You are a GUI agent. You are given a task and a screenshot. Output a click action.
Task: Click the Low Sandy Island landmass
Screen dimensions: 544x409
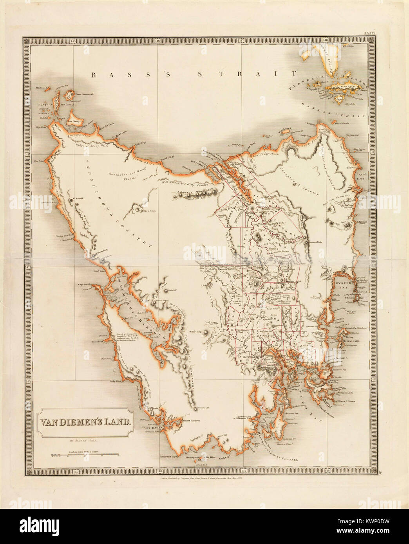[73, 119]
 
